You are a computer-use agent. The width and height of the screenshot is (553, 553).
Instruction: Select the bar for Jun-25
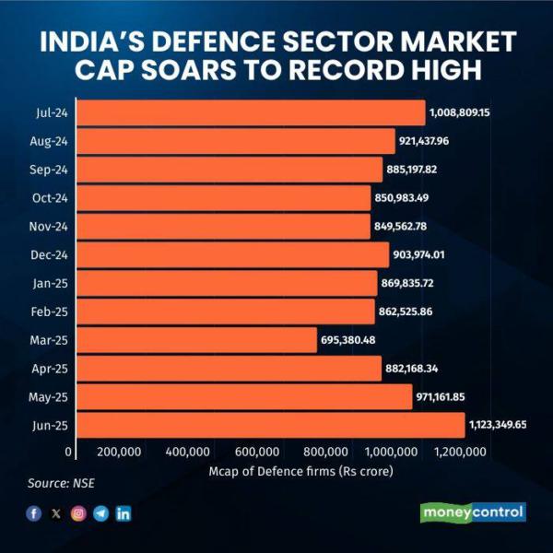(x=270, y=425)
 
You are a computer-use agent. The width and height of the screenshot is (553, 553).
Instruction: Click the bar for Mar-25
(x=196, y=340)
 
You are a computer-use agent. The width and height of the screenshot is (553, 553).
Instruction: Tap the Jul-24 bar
(x=251, y=112)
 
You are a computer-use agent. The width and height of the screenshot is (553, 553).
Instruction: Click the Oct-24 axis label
(x=51, y=198)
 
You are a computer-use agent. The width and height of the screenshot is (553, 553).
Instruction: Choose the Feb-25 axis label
(x=51, y=312)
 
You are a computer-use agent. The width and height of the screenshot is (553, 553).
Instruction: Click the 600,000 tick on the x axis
(x=257, y=452)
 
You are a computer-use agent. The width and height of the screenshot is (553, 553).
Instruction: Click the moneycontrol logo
(x=472, y=512)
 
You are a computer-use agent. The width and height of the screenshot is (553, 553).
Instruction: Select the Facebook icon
(x=34, y=513)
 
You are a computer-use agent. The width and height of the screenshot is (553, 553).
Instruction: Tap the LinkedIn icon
(x=123, y=513)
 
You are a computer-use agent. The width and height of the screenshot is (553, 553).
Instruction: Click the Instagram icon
(x=78, y=513)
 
